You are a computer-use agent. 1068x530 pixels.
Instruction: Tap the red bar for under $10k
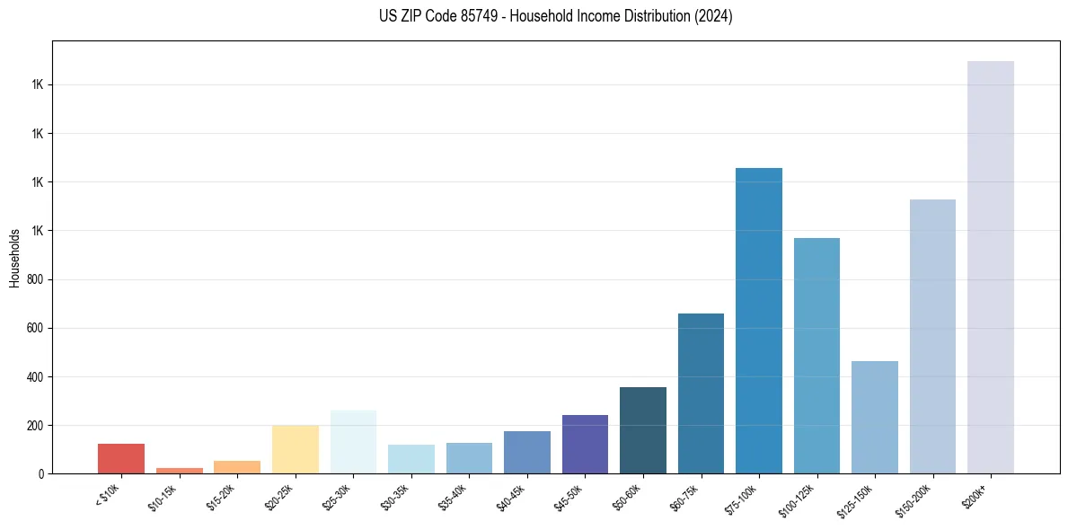120,458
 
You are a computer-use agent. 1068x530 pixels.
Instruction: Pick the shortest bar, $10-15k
179,470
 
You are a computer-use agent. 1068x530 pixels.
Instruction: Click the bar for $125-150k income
874,417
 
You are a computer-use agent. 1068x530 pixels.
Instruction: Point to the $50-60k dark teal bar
642,430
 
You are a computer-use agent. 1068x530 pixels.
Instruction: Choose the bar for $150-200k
932,336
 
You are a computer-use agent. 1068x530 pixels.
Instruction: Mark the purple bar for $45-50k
585,444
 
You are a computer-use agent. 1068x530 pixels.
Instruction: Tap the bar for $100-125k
816,356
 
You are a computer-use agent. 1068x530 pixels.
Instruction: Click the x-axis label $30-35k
395,497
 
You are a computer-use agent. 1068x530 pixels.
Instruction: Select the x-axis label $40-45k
511,497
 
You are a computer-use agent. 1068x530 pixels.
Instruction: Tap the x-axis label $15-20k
221,497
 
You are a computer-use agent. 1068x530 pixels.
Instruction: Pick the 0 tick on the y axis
42,473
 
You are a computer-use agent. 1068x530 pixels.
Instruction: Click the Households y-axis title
14,257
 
